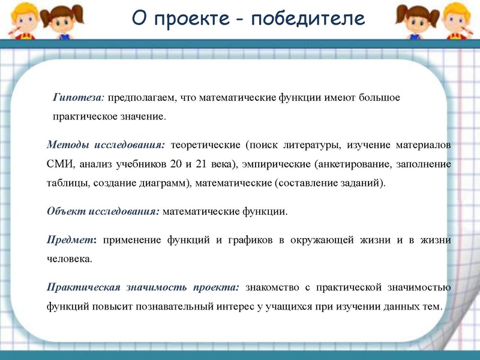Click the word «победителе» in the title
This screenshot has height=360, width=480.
click(308, 19)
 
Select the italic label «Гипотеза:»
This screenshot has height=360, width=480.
click(79, 97)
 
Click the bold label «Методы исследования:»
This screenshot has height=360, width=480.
click(105, 145)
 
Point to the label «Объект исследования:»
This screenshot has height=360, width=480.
click(103, 211)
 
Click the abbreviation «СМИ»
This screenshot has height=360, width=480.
click(59, 164)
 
